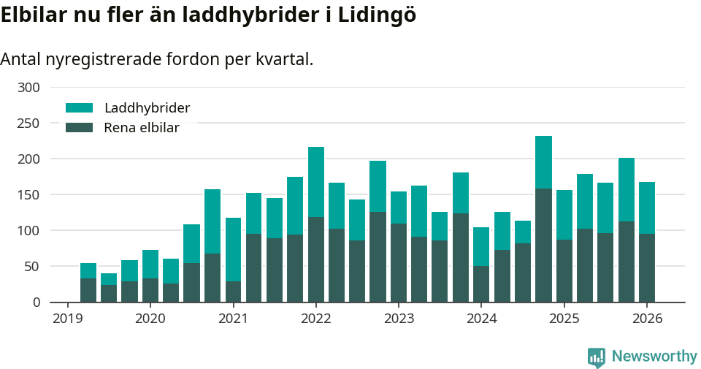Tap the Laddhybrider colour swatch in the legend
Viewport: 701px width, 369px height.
[80, 108]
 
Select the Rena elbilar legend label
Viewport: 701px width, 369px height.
[142, 128]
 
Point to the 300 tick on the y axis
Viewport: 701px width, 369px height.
[29, 88]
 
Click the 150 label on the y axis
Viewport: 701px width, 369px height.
[29, 195]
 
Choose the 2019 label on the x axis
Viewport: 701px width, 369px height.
[67, 319]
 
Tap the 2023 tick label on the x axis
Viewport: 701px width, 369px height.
[399, 319]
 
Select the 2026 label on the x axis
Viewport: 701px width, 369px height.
[647, 319]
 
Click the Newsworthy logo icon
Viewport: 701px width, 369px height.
[597, 357]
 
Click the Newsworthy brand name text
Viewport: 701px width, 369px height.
[654, 357]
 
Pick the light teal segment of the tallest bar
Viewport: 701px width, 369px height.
[543, 162]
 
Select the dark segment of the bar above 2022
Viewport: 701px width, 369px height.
[316, 259]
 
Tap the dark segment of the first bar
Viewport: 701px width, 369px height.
[88, 290]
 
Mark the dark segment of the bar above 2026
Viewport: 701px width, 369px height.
[647, 267]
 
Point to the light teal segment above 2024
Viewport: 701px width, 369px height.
[481, 246]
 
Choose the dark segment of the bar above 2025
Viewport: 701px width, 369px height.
[564, 270]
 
